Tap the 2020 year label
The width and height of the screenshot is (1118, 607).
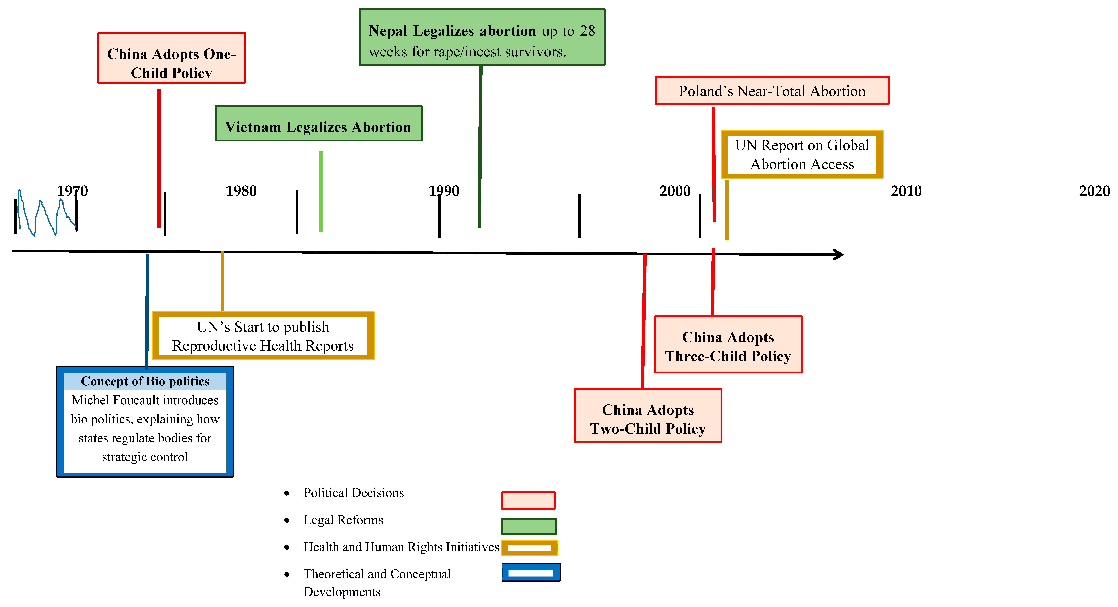click(1094, 191)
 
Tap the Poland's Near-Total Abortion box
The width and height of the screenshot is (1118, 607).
click(772, 91)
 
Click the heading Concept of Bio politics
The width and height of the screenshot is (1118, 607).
click(145, 381)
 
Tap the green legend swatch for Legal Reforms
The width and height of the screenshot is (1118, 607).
click(529, 526)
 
